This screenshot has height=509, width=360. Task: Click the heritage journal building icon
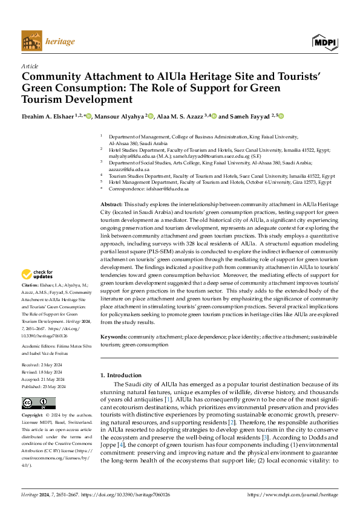pyautogui.click(x=32, y=42)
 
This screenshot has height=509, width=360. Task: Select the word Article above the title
pyautogui.click(x=30, y=66)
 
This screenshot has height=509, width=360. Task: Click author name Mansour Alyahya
pyautogui.click(x=120, y=116)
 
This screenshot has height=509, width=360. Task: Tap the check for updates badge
pyautogui.click(x=38, y=275)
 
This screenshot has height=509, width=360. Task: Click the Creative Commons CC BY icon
pyautogui.click(x=38, y=403)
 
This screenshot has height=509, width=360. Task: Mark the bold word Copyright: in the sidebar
pyautogui.click(x=33, y=416)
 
